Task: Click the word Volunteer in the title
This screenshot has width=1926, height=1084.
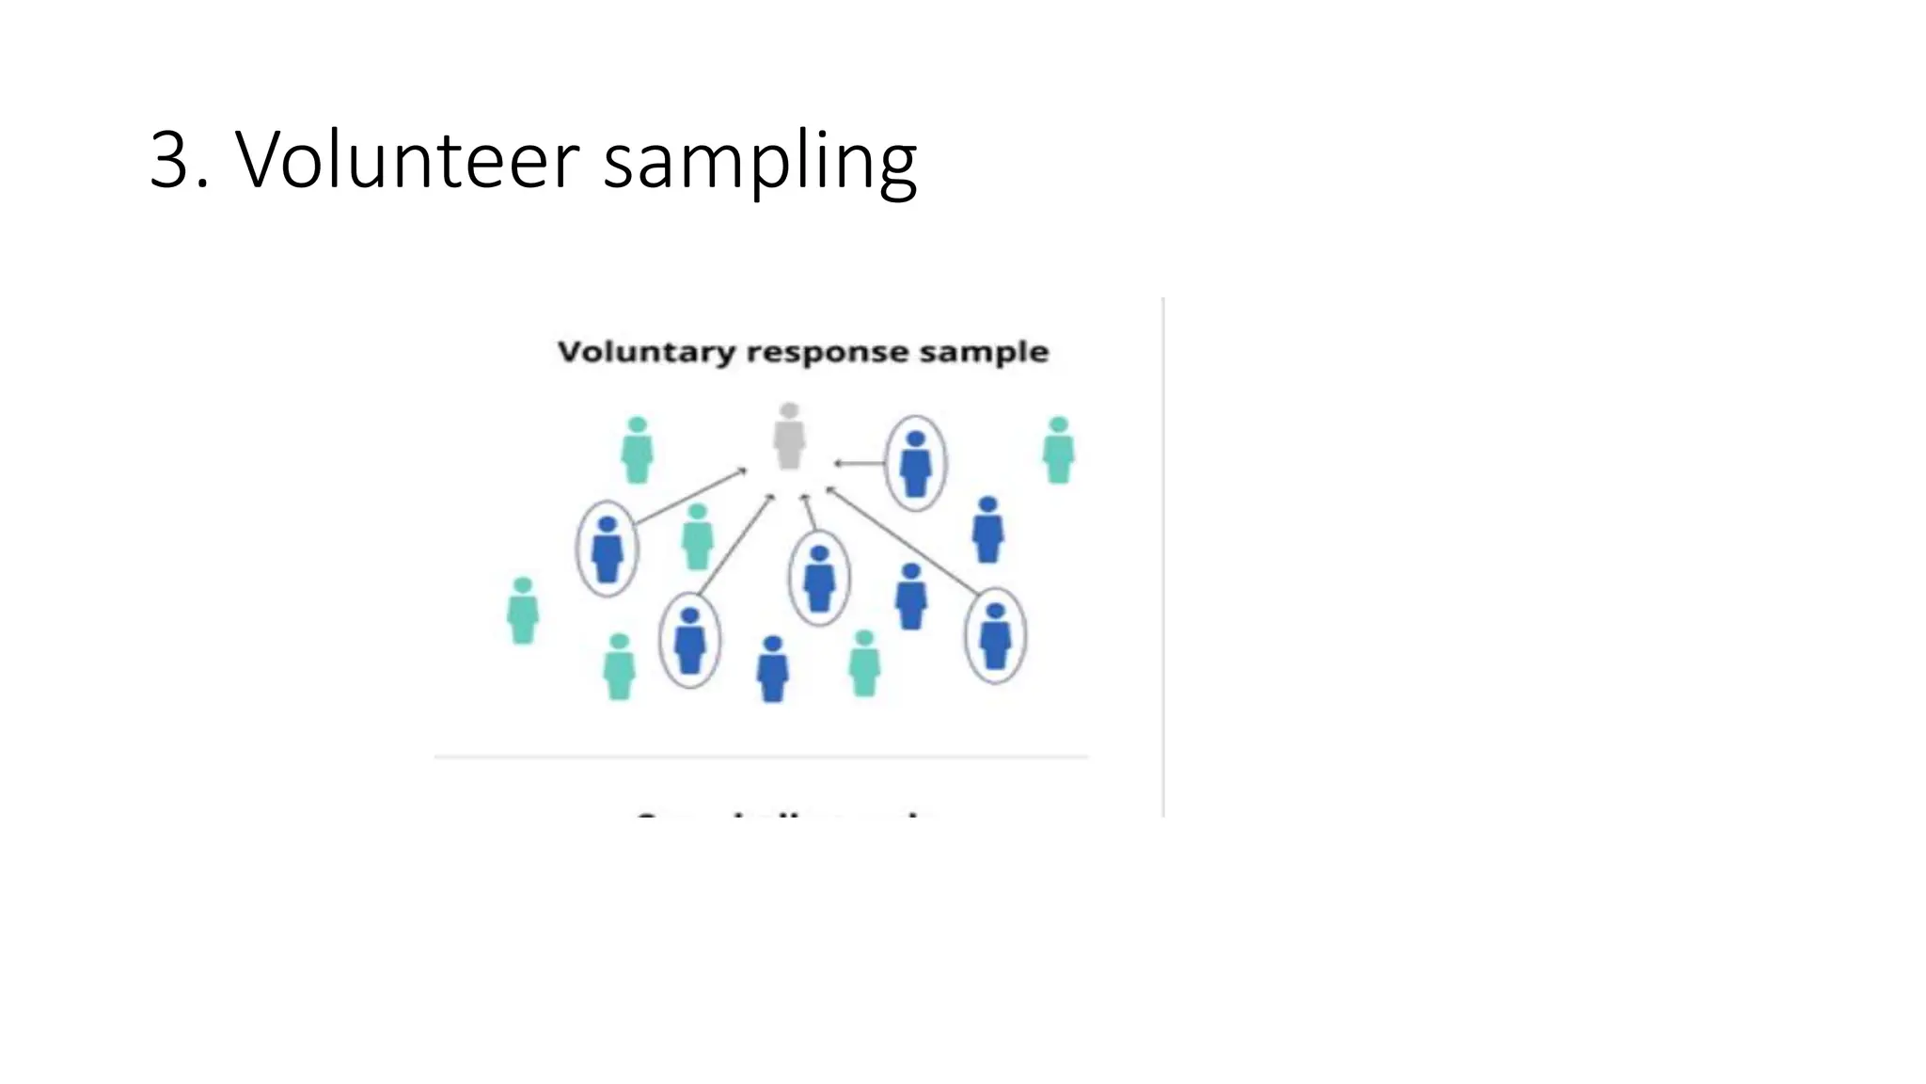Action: coord(407,160)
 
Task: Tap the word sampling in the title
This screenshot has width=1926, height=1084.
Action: coord(759,162)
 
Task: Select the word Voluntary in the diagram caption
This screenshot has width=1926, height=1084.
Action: coord(646,352)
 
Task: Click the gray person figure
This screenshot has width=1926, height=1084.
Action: coord(789,438)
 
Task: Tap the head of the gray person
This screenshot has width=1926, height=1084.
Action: coord(789,410)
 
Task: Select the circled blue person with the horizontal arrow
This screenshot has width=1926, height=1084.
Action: coord(915,463)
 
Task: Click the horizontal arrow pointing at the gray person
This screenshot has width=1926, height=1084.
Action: coord(859,463)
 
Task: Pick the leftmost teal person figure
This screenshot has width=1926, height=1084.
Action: coord(523,611)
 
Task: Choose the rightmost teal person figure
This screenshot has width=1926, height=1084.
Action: coord(1058,451)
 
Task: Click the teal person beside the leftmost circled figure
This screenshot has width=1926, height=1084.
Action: coord(697,537)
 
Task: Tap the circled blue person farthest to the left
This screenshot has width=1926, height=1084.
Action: coord(607,549)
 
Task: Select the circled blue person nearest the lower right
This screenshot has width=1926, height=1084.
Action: coord(995,636)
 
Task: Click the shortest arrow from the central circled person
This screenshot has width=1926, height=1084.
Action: coord(809,513)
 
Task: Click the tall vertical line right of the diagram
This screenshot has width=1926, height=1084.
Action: coord(1163,555)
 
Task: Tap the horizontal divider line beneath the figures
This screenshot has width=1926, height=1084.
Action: coord(762,756)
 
